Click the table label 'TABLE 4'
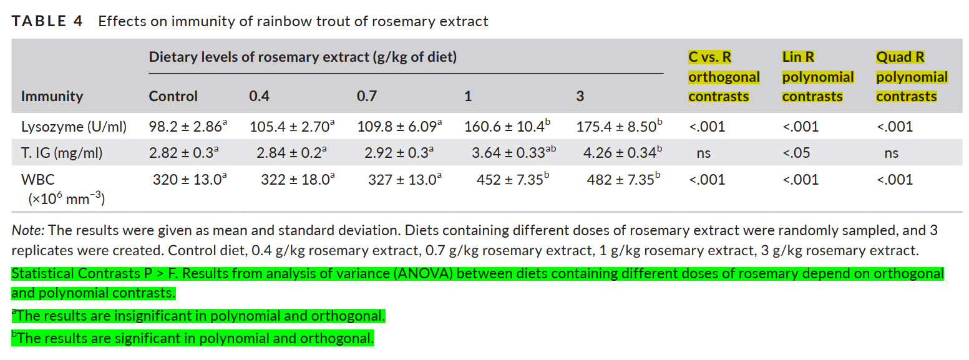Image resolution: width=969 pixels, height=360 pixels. pyautogui.click(x=47, y=21)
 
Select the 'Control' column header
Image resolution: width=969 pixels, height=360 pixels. pyautogui.click(x=173, y=96)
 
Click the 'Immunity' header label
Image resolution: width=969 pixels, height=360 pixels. pyautogui.click(x=52, y=96)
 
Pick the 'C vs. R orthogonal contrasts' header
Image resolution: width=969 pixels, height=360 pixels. pyautogui.click(x=724, y=77)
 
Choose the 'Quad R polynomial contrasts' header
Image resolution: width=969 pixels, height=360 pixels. pyautogui.click(x=912, y=77)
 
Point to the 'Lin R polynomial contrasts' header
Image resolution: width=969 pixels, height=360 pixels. pyautogui.click(x=817, y=77)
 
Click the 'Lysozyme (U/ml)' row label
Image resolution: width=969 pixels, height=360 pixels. pyautogui.click(x=74, y=127)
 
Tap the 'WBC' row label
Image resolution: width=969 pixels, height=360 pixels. pyautogui.click(x=38, y=180)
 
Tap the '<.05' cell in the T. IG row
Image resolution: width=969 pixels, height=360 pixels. pyautogui.click(x=796, y=153)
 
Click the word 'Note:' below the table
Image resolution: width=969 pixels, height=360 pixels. pyautogui.click(x=27, y=230)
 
